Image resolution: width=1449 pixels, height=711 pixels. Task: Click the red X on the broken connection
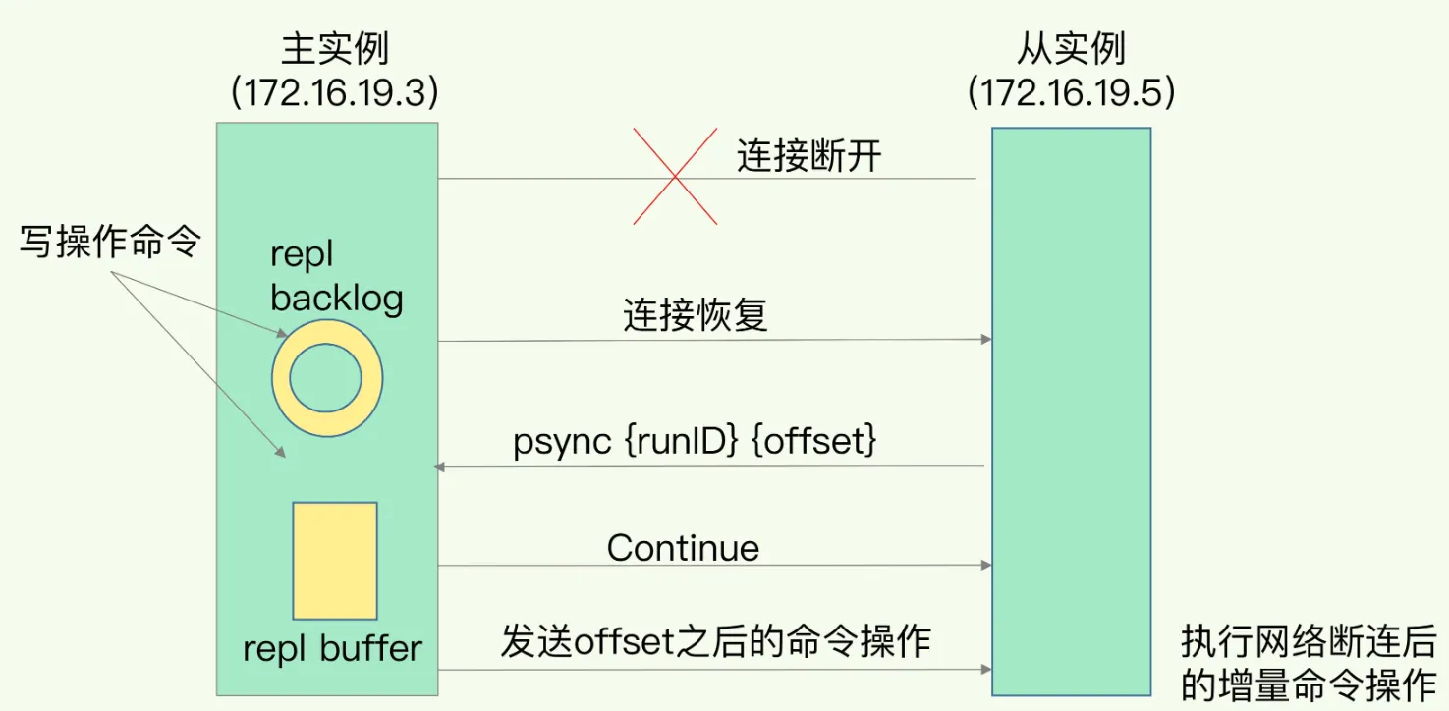(x=674, y=178)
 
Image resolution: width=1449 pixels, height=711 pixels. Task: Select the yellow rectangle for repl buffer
(x=335, y=561)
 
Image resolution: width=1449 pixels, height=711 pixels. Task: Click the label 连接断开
(x=808, y=157)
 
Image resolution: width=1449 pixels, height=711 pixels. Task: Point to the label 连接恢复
(x=695, y=316)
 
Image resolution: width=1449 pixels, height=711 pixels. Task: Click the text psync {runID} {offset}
(x=694, y=443)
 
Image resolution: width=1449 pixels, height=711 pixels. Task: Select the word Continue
(x=683, y=548)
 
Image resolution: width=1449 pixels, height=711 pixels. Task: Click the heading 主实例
(x=334, y=48)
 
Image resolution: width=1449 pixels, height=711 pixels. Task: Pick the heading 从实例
(x=1072, y=48)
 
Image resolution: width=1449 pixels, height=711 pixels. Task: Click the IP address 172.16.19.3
(x=334, y=93)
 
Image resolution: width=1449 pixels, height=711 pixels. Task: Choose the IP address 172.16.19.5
(x=1072, y=93)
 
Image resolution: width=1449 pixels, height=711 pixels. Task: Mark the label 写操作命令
(x=110, y=244)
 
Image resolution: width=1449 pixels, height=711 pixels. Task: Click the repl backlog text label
(x=336, y=276)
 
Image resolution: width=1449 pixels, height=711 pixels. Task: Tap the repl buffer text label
(x=332, y=648)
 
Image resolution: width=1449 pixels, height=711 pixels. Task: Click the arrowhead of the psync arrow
(x=439, y=467)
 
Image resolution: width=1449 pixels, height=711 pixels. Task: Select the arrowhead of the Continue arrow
(x=985, y=566)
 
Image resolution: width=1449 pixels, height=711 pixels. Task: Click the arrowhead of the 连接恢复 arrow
(x=985, y=340)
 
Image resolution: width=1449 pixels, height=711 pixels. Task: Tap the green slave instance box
(x=1071, y=412)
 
